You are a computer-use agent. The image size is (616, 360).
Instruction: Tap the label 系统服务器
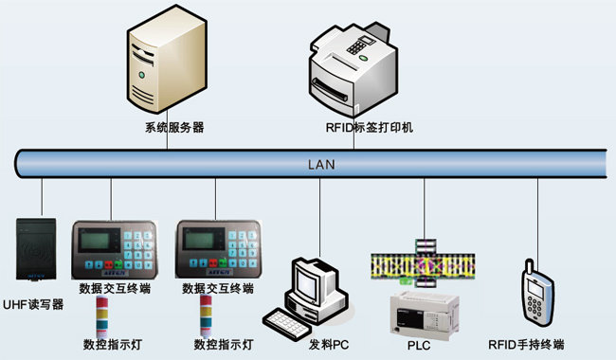pos(174,127)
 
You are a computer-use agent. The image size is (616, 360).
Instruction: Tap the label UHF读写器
pos(34,304)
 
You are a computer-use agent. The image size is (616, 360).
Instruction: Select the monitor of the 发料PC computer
pos(313,281)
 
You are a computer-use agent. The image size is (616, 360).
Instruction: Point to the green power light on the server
pos(142,72)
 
